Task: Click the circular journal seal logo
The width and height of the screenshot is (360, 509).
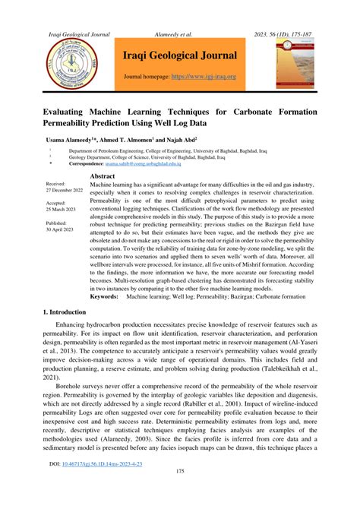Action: [70, 65]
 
